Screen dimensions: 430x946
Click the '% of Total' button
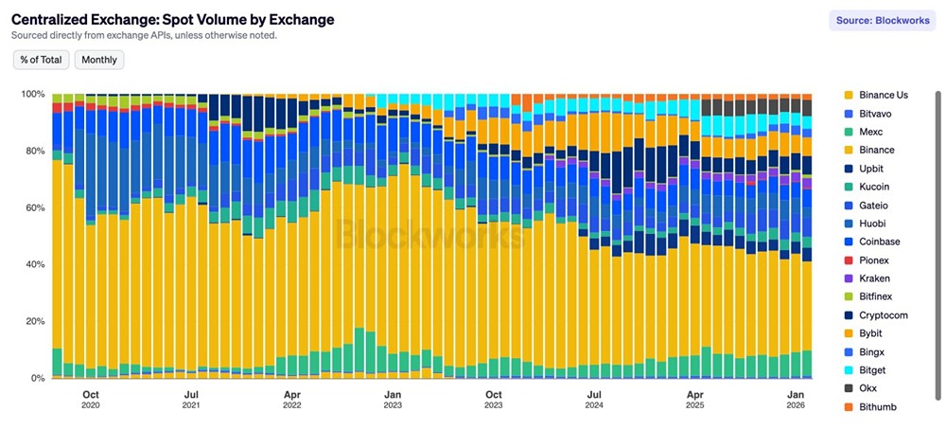[40, 60]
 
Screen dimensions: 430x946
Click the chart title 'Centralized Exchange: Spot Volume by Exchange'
[172, 19]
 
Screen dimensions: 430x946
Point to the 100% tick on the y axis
[33, 95]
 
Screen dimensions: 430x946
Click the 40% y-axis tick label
[35, 265]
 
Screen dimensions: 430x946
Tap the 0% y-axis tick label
[38, 379]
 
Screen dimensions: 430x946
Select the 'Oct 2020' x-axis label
[91, 401]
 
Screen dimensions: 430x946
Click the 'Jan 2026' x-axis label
[796, 401]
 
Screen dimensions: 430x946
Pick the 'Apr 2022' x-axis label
[292, 401]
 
